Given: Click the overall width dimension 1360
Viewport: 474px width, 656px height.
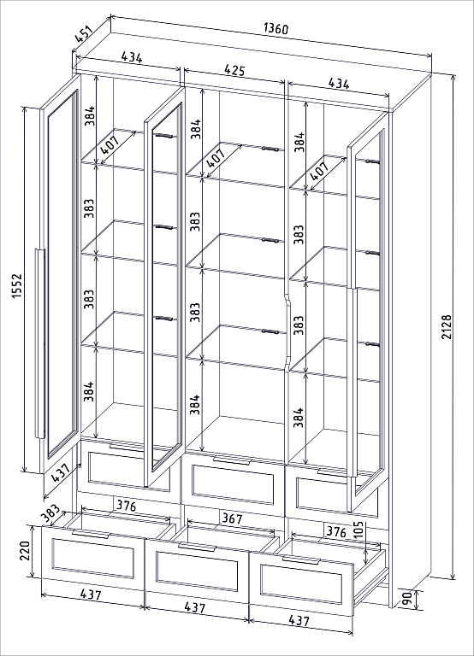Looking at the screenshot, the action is (x=276, y=29).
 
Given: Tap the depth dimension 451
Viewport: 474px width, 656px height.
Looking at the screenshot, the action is (x=84, y=34).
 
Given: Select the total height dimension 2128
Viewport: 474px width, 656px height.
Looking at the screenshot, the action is (x=447, y=327).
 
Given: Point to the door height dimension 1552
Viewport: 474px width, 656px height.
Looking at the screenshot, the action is (x=16, y=286).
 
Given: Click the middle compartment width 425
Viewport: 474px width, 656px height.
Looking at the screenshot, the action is (x=234, y=69).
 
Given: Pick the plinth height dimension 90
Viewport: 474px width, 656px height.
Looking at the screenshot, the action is (x=406, y=598).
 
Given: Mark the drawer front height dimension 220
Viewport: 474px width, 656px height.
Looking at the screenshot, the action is (x=24, y=552).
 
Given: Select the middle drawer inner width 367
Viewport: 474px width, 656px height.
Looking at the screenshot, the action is (x=232, y=518).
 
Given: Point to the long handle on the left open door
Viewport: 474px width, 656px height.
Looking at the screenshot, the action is (x=40, y=343).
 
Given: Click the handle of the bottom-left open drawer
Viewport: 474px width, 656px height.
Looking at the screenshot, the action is (x=91, y=534).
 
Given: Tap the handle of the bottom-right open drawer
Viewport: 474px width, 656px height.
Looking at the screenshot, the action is (x=301, y=560).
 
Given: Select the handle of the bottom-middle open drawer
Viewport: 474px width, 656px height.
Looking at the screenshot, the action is (x=196, y=548).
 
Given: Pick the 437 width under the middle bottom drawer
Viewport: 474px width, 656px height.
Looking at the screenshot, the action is (x=195, y=607).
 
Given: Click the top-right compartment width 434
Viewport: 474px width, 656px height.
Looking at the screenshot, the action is (x=339, y=83).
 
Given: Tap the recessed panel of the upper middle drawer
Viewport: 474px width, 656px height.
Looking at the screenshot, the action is (x=233, y=484).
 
